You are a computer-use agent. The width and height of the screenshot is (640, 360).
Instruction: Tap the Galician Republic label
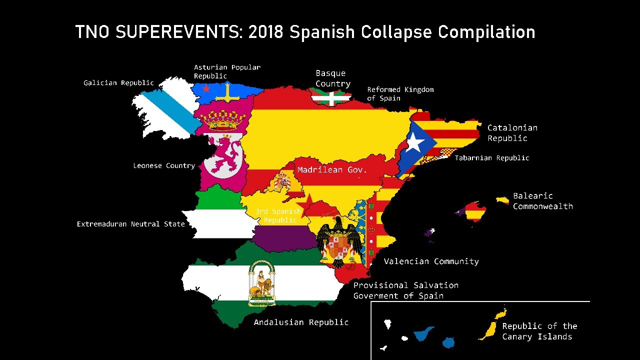(118, 83)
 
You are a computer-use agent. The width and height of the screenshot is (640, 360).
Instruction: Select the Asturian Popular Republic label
(227, 71)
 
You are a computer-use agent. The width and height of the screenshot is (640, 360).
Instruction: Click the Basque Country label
(333, 78)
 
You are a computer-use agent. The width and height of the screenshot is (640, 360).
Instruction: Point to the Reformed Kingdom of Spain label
(400, 94)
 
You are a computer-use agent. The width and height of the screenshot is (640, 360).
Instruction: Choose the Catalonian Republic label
(512, 133)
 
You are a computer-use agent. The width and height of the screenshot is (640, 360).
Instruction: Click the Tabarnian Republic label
(491, 158)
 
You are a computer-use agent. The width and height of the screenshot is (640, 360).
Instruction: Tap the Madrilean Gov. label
(332, 170)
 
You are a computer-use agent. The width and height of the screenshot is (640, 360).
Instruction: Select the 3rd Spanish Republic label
(278, 215)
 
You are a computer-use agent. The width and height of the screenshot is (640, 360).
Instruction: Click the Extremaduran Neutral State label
(131, 224)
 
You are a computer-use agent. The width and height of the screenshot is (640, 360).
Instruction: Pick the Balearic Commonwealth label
(542, 201)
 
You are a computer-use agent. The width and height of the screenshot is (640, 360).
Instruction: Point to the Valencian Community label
(431, 261)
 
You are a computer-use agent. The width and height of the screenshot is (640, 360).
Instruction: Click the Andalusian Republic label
(301, 322)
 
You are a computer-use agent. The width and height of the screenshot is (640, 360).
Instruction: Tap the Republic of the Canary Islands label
(539, 331)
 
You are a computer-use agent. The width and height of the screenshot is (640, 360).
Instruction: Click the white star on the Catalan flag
(414, 142)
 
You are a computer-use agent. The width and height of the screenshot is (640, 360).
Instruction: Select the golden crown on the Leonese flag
(222, 120)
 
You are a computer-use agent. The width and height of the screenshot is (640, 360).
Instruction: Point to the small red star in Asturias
(206, 88)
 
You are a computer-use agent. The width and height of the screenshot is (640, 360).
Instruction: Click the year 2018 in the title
(266, 32)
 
